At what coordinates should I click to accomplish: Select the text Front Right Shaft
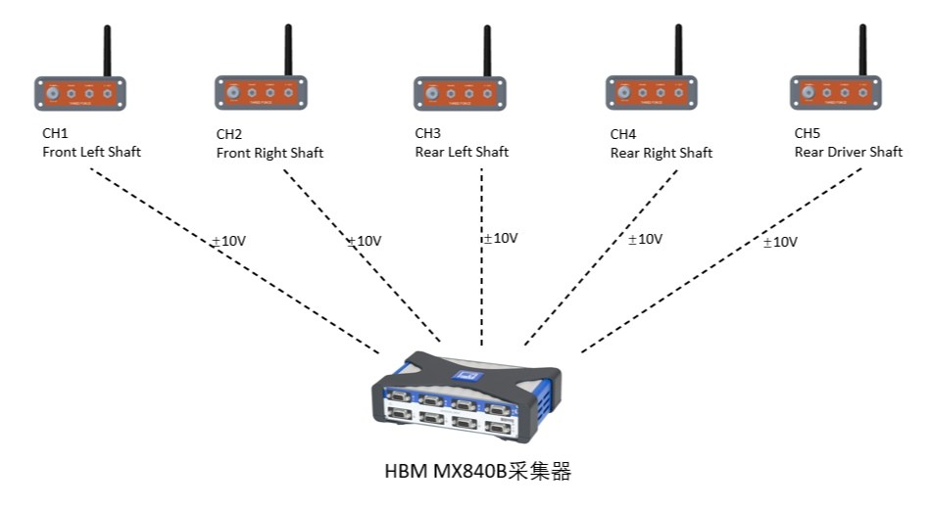[269, 153]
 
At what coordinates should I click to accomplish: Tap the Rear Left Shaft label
[462, 152]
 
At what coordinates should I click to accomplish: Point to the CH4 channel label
[622, 134]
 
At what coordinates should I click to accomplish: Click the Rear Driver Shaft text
[848, 152]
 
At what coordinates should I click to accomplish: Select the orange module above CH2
[258, 94]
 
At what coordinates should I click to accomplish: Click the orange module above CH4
[650, 94]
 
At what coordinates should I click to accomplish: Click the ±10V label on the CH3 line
[500, 238]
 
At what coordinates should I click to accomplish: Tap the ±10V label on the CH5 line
[780, 242]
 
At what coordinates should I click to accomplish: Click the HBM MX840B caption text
[476, 472]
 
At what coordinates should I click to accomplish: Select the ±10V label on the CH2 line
[364, 241]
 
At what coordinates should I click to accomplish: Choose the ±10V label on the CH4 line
[646, 238]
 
